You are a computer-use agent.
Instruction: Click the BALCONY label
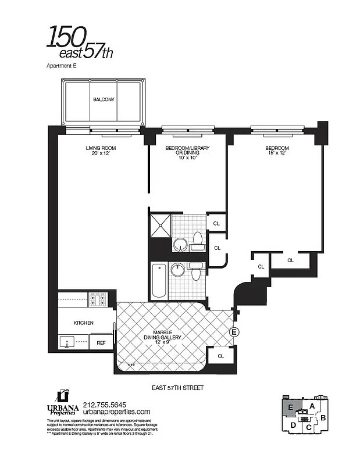104,99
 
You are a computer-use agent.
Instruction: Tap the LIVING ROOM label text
97,148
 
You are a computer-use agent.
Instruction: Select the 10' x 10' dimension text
187,158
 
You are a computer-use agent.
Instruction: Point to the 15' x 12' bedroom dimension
277,153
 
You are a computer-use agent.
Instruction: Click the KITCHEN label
84,321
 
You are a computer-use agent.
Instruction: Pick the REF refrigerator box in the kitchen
101,344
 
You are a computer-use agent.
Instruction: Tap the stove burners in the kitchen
97,299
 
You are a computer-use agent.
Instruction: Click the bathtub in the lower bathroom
159,280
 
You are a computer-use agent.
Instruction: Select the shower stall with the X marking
161,224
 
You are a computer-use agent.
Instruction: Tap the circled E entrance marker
234,332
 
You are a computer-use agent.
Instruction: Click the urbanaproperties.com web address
117,412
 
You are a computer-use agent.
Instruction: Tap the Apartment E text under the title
61,66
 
